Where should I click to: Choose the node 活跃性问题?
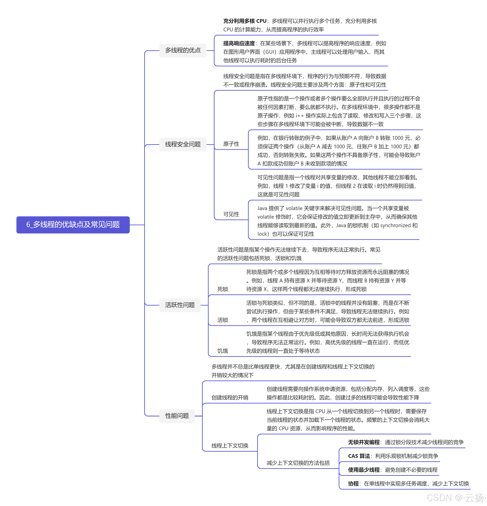(180, 305)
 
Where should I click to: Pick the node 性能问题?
(177, 416)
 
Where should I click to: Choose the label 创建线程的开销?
(230, 398)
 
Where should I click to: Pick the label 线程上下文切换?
(230, 446)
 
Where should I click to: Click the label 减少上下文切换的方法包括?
(298, 463)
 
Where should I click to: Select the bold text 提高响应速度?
(239, 43)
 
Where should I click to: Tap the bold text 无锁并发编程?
(364, 442)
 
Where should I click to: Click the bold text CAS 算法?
(359, 456)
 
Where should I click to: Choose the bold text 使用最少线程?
(364, 470)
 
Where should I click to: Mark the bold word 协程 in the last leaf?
(353, 483)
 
